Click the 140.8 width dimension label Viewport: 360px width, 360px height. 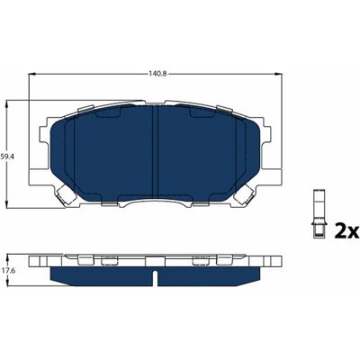[x=155, y=73]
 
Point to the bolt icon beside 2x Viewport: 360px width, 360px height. [x=319, y=214]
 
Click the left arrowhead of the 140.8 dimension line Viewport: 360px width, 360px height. [x=31, y=74]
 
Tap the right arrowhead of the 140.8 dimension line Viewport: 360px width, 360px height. [x=279, y=74]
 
